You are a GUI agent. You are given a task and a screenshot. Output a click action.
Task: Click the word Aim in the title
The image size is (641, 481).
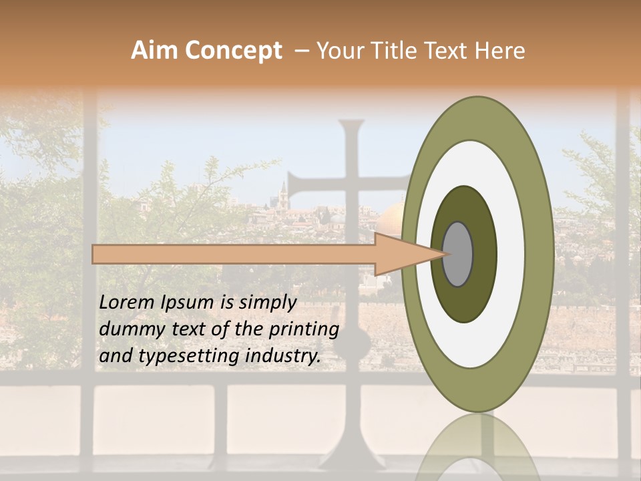[154, 51]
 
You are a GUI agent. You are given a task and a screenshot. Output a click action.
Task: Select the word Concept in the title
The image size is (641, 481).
[234, 51]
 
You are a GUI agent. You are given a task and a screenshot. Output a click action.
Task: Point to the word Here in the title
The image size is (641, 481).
[500, 51]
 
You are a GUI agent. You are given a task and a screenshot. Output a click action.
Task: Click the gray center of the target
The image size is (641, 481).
[458, 254]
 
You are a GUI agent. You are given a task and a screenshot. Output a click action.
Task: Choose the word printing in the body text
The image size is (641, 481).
[304, 330]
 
